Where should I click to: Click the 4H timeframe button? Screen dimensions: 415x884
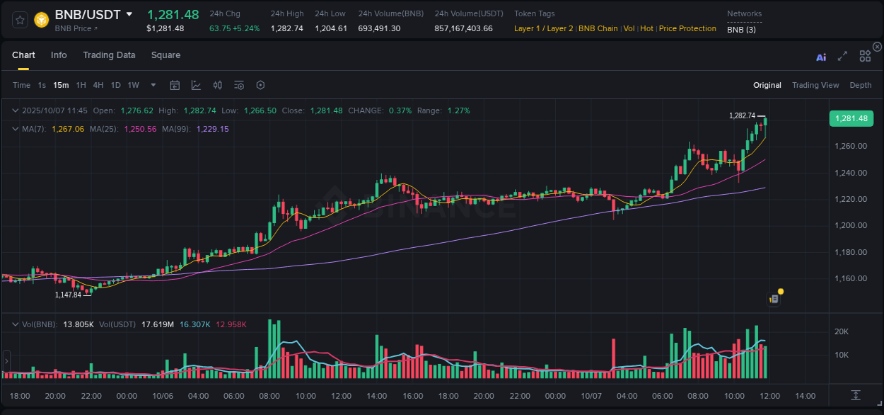click(x=98, y=85)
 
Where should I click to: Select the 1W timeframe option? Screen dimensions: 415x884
click(x=133, y=85)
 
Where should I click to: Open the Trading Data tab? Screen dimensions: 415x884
click(x=109, y=55)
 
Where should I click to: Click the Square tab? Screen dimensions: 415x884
click(x=165, y=55)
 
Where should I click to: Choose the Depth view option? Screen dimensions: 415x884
click(x=860, y=85)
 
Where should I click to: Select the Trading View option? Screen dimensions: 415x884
click(x=815, y=85)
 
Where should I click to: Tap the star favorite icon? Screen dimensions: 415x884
click(x=20, y=20)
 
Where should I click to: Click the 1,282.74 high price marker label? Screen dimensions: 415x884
click(x=742, y=115)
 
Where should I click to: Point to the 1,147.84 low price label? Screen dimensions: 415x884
click(x=68, y=295)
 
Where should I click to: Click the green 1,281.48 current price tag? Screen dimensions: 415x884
click(x=851, y=118)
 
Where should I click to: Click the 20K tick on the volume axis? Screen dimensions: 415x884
click(x=842, y=331)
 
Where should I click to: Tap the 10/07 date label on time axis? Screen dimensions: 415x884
click(x=591, y=396)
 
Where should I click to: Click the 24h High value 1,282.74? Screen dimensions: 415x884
click(x=286, y=28)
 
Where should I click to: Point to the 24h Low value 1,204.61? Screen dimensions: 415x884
click(x=331, y=28)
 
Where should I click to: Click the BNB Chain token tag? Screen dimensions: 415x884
click(x=598, y=28)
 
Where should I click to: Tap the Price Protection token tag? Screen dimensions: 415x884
click(x=687, y=28)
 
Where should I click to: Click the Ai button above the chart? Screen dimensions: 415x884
click(x=821, y=57)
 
